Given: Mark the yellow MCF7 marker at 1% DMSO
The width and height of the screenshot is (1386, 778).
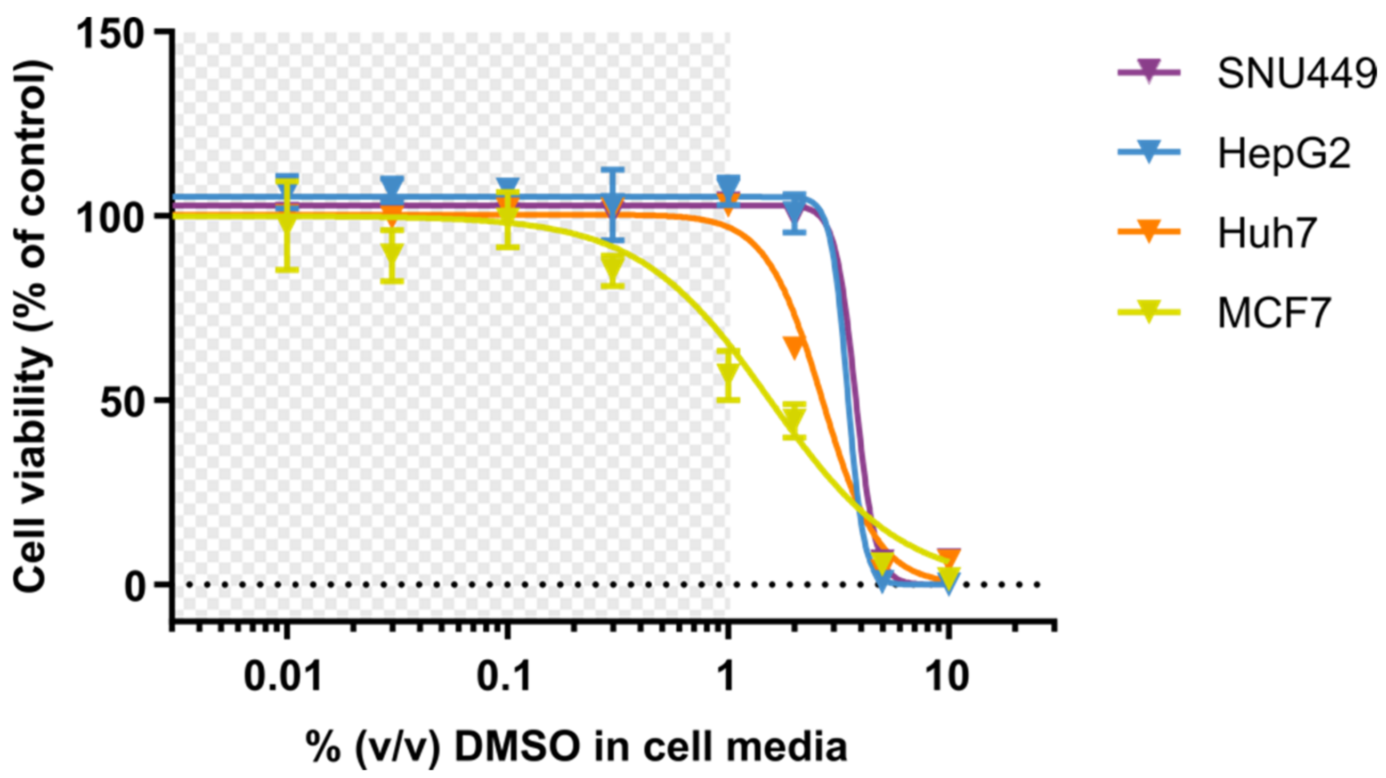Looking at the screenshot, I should click(x=728, y=372).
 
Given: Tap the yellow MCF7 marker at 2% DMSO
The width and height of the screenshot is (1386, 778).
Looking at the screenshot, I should click(x=794, y=419).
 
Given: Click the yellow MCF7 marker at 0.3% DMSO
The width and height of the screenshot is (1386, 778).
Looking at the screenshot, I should click(x=613, y=265).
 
